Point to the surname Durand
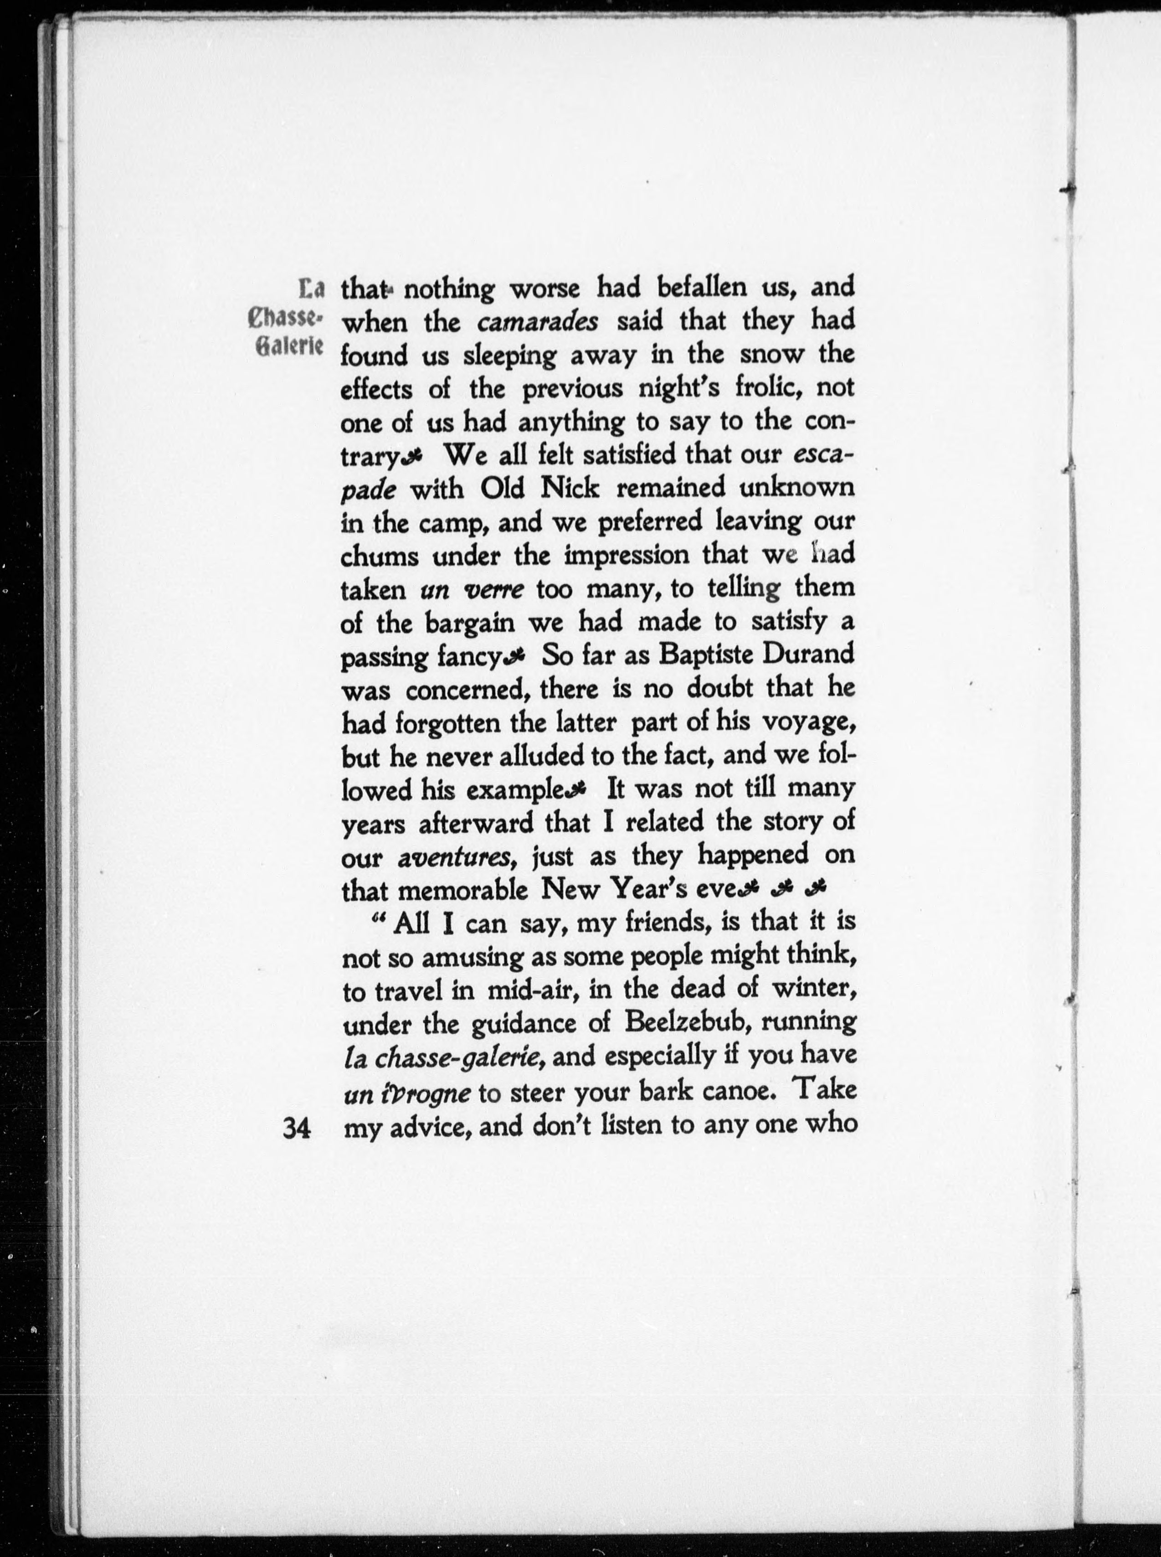pos(809,655)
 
